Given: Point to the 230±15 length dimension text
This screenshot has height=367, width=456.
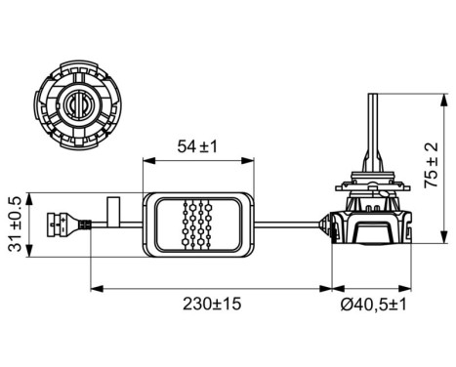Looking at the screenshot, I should pyautogui.click(x=211, y=304).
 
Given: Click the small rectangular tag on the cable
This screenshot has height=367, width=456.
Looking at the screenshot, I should pyautogui.click(x=113, y=210).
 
